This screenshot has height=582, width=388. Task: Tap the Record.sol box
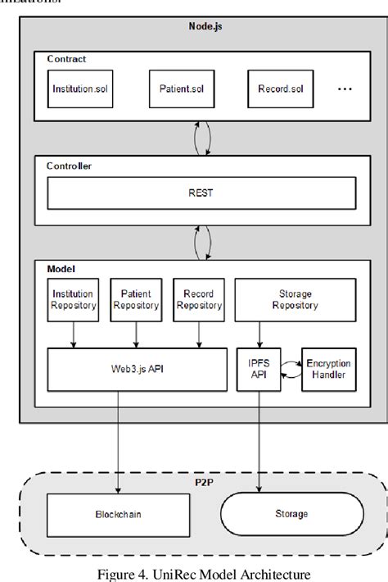point(276,88)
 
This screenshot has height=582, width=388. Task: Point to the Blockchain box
point(117,514)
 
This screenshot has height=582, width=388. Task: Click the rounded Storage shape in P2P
point(291,514)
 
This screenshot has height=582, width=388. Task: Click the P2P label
point(200,484)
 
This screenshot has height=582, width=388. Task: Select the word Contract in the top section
point(66,59)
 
